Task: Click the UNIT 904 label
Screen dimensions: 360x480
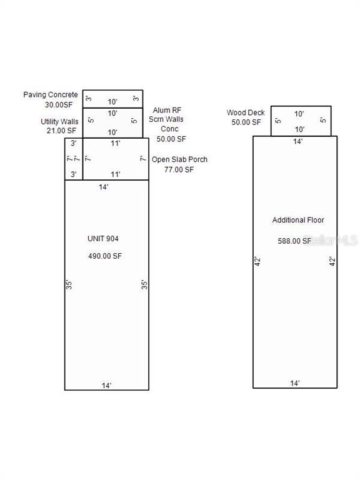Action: pyautogui.click(x=103, y=239)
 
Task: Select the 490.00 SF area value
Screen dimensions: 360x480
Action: pyautogui.click(x=105, y=256)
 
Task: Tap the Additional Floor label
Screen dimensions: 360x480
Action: pyautogui.click(x=298, y=220)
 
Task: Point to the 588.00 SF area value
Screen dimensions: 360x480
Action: pyautogui.click(x=294, y=241)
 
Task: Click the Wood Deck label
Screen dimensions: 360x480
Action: pyautogui.click(x=246, y=112)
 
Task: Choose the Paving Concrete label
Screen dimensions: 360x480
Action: pyautogui.click(x=51, y=94)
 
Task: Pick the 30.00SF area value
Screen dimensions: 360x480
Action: pyautogui.click(x=59, y=105)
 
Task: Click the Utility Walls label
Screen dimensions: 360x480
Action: pyautogui.click(x=59, y=121)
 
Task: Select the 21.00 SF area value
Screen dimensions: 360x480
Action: pyautogui.click(x=61, y=131)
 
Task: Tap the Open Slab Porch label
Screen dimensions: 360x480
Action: pyautogui.click(x=180, y=159)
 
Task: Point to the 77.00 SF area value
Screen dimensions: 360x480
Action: pyautogui.click(x=179, y=169)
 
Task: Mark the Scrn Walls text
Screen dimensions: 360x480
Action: pyautogui.click(x=166, y=119)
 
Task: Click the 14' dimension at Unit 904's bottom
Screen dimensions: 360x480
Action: pyautogui.click(x=106, y=385)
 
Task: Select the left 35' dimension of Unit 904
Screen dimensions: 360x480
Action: pyautogui.click(x=69, y=285)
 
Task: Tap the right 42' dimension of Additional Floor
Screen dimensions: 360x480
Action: pyautogui.click(x=332, y=261)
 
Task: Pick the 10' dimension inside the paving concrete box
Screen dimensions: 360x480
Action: pyautogui.click(x=112, y=102)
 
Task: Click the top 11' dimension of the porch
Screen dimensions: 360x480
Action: pyautogui.click(x=116, y=143)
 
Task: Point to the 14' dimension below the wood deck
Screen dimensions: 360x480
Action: pyautogui.click(x=297, y=141)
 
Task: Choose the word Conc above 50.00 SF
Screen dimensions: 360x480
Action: pyautogui.click(x=169, y=129)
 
